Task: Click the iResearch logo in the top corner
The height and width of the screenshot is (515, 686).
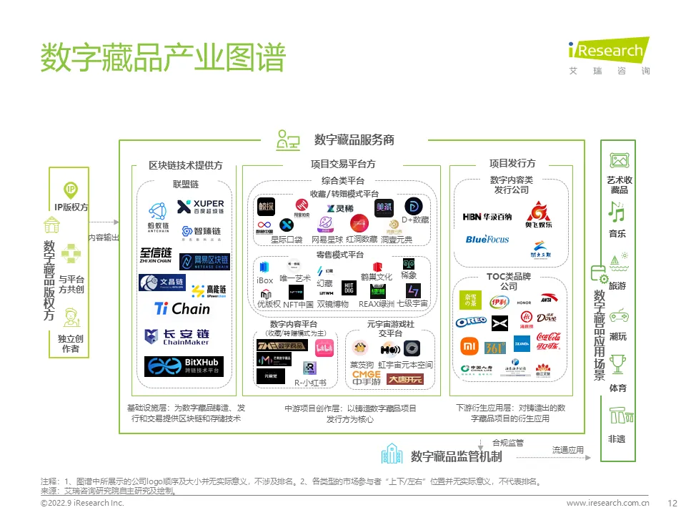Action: [x=609, y=54]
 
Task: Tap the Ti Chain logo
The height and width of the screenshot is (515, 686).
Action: [x=182, y=309]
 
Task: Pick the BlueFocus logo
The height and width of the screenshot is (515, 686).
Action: [x=487, y=239]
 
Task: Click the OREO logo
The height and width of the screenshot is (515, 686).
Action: [x=471, y=323]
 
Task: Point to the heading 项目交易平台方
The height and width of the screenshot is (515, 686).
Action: [x=343, y=164]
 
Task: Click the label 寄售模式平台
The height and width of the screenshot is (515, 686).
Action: [x=340, y=255]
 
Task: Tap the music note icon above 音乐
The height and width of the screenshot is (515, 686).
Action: [x=616, y=212]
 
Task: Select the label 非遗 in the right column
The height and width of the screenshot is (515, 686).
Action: [x=617, y=439]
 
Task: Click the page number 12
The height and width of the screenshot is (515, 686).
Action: [x=671, y=504]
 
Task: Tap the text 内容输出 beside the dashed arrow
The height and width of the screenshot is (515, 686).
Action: [x=104, y=237]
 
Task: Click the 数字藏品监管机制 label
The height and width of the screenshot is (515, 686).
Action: [x=456, y=456]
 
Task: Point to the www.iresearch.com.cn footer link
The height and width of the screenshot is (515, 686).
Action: [x=607, y=504]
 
